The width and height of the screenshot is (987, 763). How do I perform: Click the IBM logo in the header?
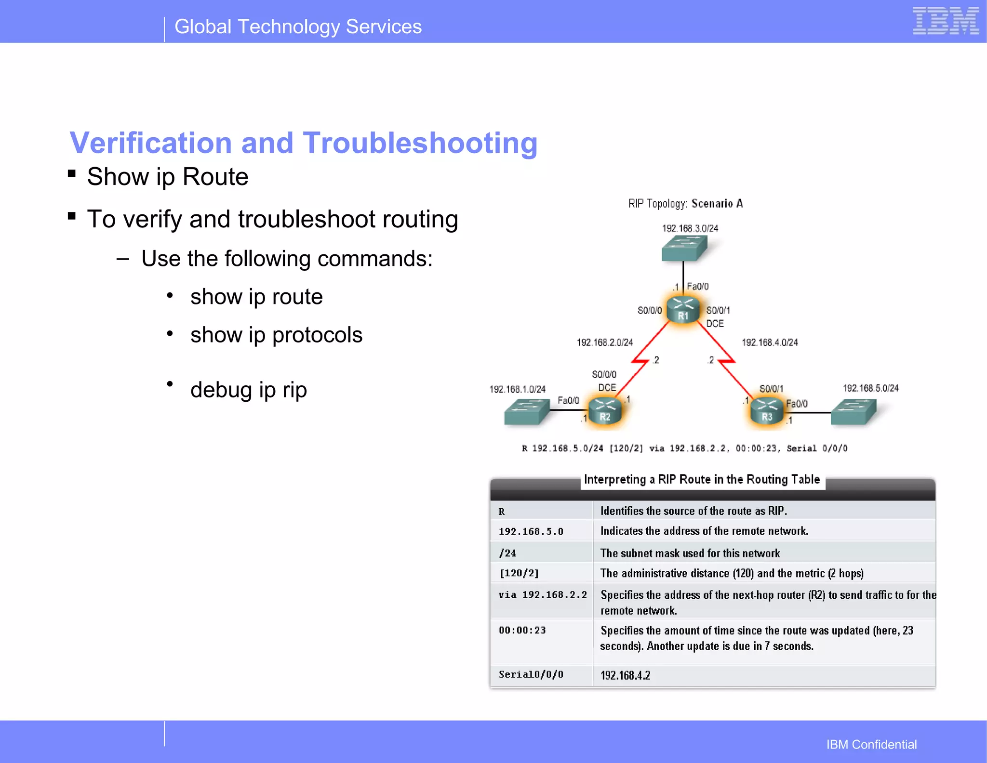[945, 21]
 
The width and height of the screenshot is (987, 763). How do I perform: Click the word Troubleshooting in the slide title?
[419, 143]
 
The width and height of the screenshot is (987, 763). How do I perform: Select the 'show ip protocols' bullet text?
[276, 335]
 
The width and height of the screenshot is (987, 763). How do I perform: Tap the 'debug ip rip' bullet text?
[248, 390]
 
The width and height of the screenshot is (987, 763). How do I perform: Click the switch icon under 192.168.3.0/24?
[684, 248]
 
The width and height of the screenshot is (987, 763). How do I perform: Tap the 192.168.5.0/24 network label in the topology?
[870, 388]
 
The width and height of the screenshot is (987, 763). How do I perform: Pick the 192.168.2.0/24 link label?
[604, 342]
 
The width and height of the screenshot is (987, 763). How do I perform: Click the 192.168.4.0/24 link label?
[769, 342]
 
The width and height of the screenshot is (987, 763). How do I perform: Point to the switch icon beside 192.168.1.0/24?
[526, 412]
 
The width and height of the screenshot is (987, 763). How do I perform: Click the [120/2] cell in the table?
[519, 573]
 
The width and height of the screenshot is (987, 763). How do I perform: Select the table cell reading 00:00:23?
[522, 630]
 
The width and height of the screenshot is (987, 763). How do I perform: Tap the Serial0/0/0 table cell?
[531, 674]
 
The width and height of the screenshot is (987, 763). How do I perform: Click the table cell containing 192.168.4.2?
[625, 675]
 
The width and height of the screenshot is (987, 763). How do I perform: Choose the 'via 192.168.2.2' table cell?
[542, 595]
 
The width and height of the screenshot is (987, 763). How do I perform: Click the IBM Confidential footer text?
[871, 744]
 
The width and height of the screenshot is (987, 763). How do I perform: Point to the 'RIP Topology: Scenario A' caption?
[685, 204]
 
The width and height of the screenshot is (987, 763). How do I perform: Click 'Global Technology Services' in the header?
[298, 26]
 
